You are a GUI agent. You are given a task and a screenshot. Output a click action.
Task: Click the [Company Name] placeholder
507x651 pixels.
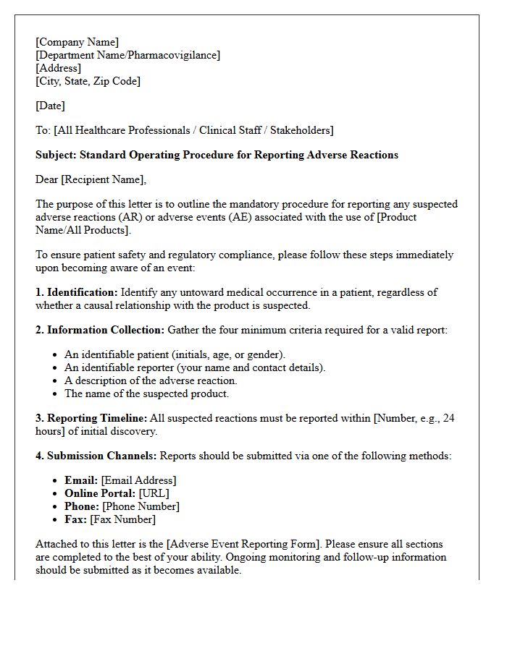point(77,42)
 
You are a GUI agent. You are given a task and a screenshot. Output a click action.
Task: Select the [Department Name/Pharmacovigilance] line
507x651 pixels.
point(127,55)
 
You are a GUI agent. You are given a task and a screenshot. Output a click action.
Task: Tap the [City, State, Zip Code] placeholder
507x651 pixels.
point(88,81)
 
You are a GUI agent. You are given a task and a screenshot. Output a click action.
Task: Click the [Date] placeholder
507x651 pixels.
point(50,106)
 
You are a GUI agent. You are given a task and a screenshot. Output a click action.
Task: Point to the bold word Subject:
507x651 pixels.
point(56,155)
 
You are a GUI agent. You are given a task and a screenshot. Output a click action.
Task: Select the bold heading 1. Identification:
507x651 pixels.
point(77,292)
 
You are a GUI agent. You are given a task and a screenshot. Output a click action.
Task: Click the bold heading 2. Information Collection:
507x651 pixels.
point(100,330)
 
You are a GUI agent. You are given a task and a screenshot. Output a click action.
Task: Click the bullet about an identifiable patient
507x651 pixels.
point(175,354)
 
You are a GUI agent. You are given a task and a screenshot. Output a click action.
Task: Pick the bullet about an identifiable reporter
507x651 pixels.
point(195,367)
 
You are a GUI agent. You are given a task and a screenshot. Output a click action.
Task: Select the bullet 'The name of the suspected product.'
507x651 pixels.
point(146,393)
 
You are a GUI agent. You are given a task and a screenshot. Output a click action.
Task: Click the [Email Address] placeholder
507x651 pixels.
point(138,480)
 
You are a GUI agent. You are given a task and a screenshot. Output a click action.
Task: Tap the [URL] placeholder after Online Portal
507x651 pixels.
point(154,493)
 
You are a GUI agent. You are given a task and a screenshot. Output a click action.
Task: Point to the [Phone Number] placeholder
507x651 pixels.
point(141,506)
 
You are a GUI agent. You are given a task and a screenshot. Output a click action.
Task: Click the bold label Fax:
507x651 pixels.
point(75,519)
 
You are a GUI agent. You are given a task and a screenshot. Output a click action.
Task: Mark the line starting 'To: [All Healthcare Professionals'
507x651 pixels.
point(184,130)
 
